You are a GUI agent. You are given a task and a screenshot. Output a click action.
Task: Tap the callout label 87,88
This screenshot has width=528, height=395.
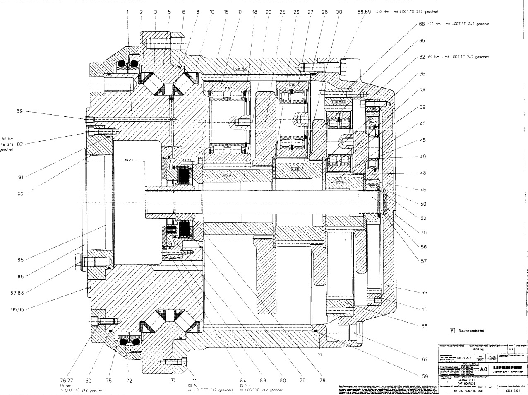(x=17, y=293)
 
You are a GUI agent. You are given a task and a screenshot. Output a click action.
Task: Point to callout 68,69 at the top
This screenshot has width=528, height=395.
(x=364, y=12)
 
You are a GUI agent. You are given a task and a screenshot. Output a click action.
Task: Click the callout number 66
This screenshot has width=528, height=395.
(x=422, y=24)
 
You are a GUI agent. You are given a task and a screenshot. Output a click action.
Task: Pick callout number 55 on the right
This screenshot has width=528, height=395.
(x=424, y=293)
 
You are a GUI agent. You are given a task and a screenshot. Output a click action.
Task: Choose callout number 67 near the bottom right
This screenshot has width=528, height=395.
(x=424, y=359)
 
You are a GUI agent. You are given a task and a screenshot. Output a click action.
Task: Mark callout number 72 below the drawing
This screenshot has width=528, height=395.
(x=129, y=379)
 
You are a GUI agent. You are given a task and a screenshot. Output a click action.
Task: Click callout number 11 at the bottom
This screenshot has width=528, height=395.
(x=194, y=379)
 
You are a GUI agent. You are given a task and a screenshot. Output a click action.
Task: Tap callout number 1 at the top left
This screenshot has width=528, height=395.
(x=128, y=12)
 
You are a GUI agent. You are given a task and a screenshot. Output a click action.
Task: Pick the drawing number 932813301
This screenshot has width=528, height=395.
(x=514, y=390)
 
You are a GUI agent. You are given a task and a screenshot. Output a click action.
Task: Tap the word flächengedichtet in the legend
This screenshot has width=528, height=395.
(x=471, y=331)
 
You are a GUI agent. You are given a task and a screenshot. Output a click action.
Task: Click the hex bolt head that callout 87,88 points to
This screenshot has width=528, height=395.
(x=78, y=261)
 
